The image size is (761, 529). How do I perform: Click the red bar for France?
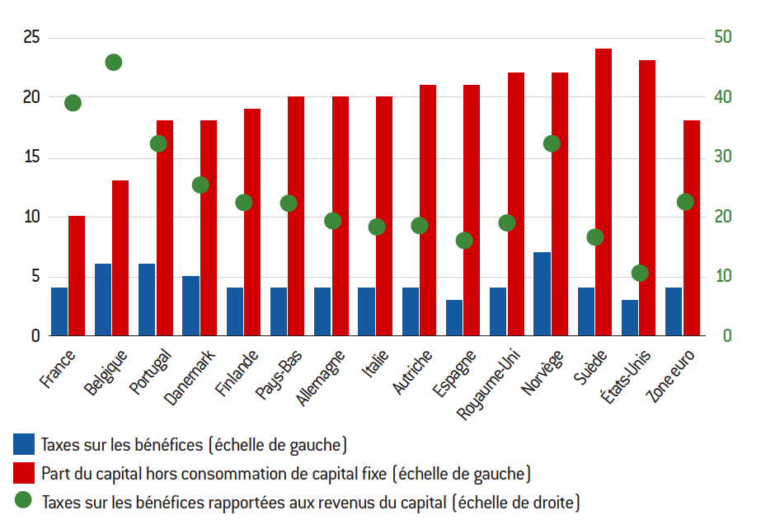pos(77,276)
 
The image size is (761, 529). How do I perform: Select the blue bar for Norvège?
pos(543,294)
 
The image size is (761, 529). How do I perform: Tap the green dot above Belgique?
pos(114,63)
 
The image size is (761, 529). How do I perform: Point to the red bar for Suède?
pos(604,192)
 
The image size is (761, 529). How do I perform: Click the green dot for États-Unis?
pos(640,273)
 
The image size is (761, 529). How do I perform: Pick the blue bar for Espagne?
pos(454,318)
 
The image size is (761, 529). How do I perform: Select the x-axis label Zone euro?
pos(671,375)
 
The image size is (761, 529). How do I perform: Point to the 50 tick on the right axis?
pos(722,38)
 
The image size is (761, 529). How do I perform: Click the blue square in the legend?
pos(23,444)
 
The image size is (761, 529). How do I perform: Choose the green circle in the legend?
pos(23,500)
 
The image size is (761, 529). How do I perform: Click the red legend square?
pos(23,472)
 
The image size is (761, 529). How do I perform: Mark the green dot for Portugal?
pos(158,143)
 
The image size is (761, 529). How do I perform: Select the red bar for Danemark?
pos(209,228)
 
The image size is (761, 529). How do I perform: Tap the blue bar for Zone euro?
pos(674,311)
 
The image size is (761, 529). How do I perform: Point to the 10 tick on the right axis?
pos(722,276)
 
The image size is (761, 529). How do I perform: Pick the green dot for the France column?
pos(73,103)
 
